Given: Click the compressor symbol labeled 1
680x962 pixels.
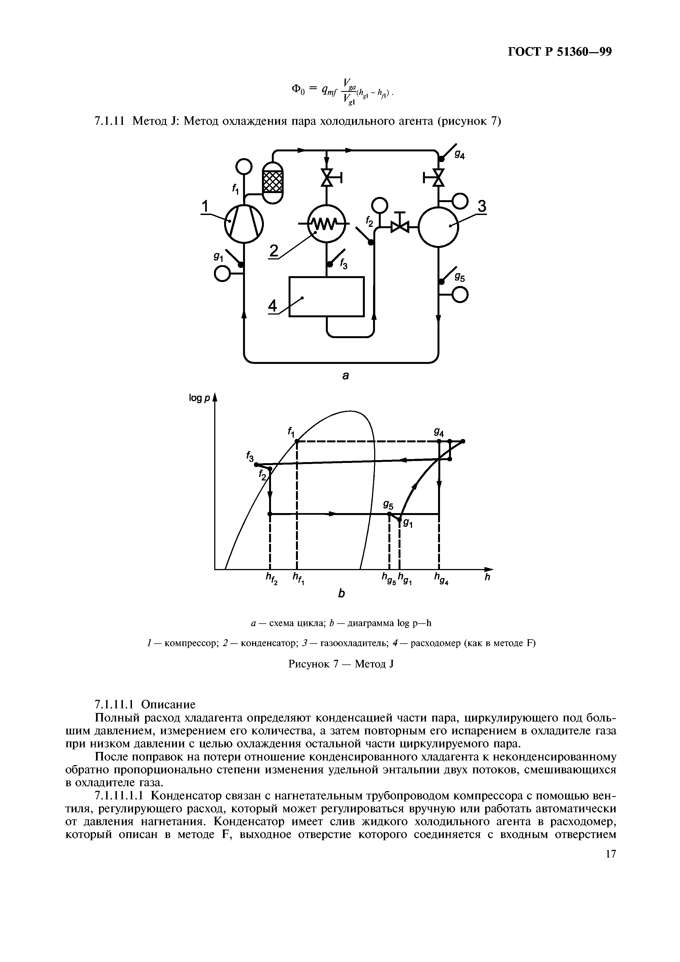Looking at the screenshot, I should (x=244, y=222).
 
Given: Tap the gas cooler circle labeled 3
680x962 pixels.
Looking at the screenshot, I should (x=438, y=226).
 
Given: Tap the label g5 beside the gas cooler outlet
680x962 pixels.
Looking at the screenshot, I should (x=460, y=278).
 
